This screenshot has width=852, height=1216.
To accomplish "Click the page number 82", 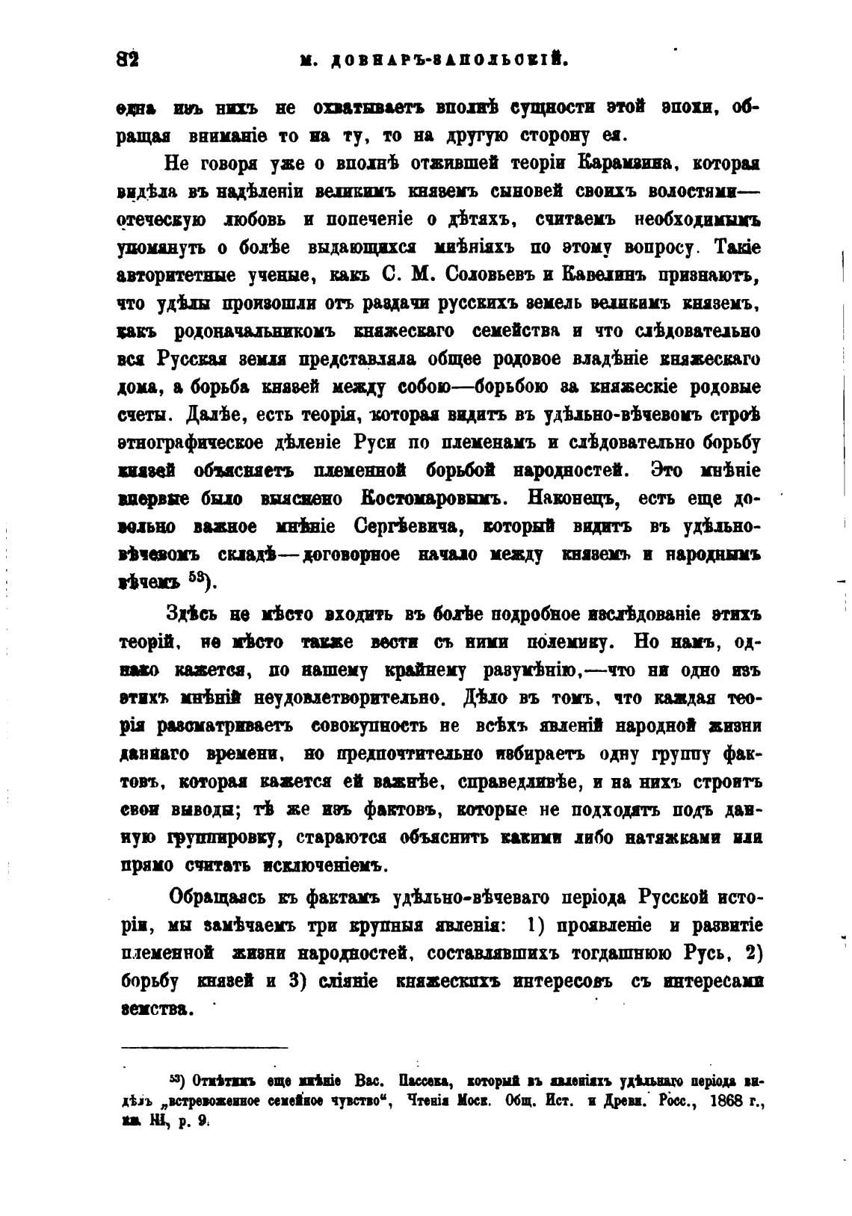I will coord(129,59).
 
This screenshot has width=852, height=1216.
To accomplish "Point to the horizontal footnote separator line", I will coord(203,1047).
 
